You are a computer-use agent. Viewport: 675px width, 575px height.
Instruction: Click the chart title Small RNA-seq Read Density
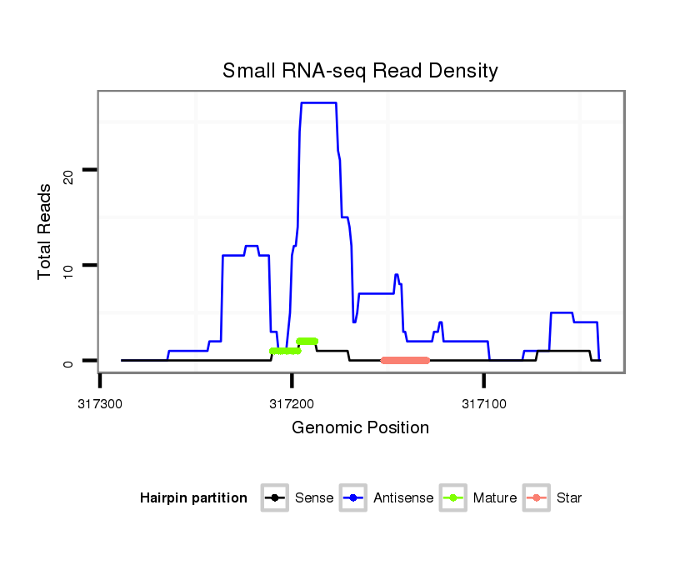coord(360,71)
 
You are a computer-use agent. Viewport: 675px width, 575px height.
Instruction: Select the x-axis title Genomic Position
coord(360,428)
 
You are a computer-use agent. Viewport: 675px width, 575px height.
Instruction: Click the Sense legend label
coord(314,498)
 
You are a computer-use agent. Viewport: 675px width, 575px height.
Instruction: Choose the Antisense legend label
coord(403,498)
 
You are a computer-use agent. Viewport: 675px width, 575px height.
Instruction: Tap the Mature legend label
coord(494,498)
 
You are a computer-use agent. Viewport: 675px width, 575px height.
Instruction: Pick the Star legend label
coord(569,498)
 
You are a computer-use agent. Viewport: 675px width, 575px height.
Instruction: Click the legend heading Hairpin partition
coord(193,498)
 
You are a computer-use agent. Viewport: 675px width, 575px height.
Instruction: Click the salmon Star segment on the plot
coord(405,361)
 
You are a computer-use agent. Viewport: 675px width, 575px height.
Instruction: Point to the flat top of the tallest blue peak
coord(318,102)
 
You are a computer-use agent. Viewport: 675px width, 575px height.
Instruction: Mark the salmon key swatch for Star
coord(538,498)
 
